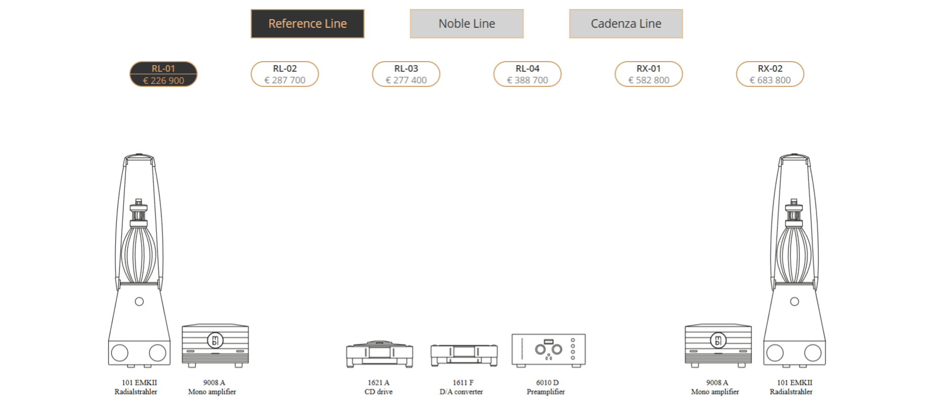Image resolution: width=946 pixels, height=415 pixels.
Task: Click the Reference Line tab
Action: pos(307,24)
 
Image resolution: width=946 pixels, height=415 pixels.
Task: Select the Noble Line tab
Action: pos(467,24)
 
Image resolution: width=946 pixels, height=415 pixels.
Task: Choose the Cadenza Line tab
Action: pos(626,24)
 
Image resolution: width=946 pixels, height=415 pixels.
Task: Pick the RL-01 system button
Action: pos(163,74)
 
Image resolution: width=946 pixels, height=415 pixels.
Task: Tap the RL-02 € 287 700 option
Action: pos(285,74)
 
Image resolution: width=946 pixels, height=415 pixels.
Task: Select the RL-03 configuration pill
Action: pos(406,74)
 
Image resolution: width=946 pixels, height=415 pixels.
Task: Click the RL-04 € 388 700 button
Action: pos(527,74)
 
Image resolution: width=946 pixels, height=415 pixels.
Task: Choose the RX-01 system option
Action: pos(649,74)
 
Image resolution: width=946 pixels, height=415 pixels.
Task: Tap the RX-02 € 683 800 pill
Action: pos(770,74)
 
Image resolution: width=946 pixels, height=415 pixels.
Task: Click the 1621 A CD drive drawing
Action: pos(379,354)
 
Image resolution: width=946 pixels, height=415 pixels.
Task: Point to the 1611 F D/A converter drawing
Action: pos(464,355)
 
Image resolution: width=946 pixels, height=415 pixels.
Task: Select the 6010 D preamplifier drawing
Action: pos(549,350)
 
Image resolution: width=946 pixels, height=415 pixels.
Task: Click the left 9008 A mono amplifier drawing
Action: pos(215,345)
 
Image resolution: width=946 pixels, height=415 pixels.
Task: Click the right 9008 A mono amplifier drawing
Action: pos(718,345)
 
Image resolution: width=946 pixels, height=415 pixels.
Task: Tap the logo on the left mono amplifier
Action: pos(215,340)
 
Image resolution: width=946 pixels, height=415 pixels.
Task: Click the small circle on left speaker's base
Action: pos(139,301)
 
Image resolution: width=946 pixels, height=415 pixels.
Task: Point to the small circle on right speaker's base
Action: pos(794,301)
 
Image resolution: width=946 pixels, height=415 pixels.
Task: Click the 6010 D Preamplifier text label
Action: pos(546,387)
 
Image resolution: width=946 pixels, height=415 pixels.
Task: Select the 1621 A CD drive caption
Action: pos(379,387)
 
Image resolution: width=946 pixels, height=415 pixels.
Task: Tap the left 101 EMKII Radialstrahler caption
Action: pos(137,387)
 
